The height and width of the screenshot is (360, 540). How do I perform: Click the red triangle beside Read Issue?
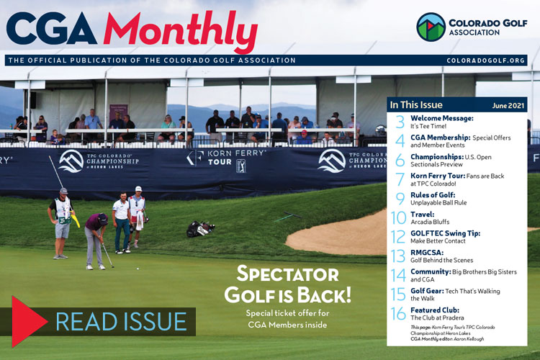[29, 321]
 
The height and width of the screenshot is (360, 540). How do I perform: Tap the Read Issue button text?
[120, 321]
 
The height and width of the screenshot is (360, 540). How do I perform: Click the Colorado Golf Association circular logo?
[431, 27]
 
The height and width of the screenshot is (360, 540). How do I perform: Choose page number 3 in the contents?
[400, 122]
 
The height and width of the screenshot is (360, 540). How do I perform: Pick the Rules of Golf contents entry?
[439, 198]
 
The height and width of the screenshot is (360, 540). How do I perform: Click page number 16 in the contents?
[398, 314]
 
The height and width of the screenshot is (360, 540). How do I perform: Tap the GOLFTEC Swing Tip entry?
[445, 237]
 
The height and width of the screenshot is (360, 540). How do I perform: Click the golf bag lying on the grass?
[199, 228]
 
